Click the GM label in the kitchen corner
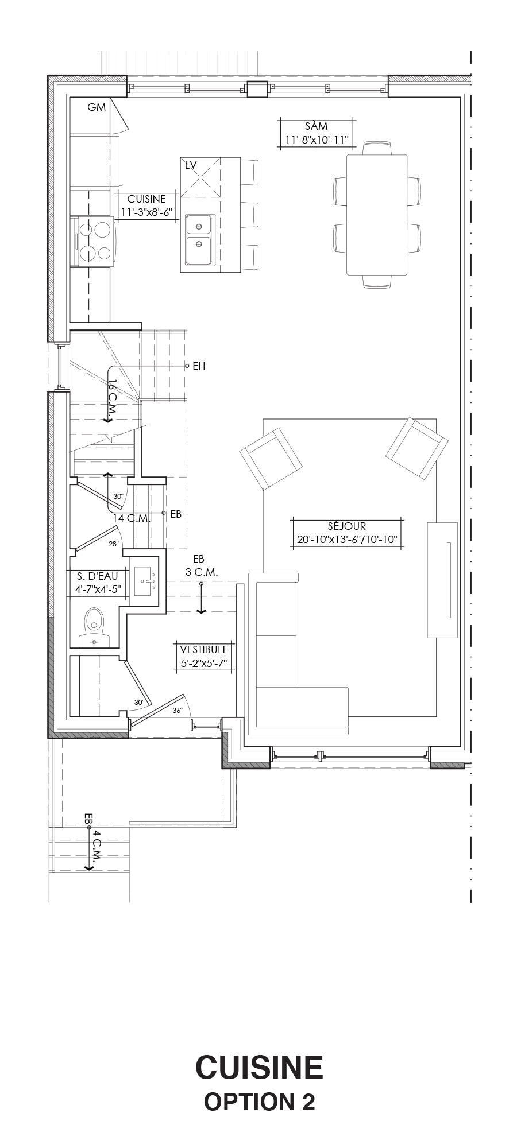tap(97, 107)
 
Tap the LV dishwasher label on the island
tap(191, 165)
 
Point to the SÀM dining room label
tap(317, 133)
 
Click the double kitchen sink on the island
tap(199, 241)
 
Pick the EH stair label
tap(199, 366)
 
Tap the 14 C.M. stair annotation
tap(132, 518)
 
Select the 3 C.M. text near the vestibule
tap(202, 572)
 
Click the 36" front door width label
tap(178, 711)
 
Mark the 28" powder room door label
tap(114, 544)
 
